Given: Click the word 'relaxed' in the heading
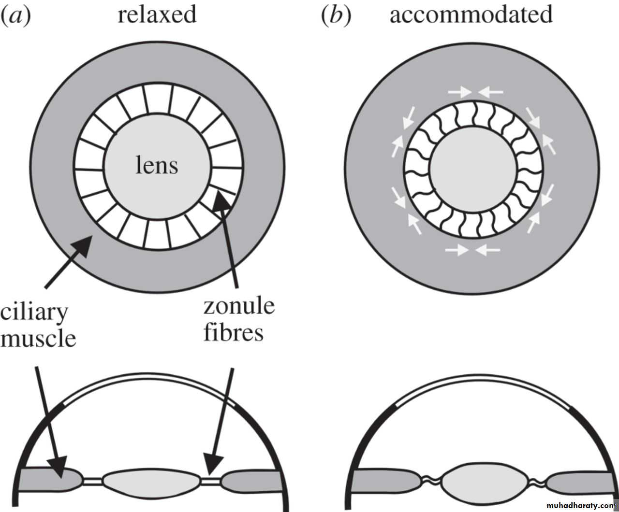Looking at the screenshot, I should [157, 14].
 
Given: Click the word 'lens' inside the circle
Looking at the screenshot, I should [156, 165].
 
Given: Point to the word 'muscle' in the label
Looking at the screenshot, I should [38, 338].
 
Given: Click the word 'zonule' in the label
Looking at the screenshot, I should [239, 306].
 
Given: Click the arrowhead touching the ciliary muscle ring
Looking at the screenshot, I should [83, 244].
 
